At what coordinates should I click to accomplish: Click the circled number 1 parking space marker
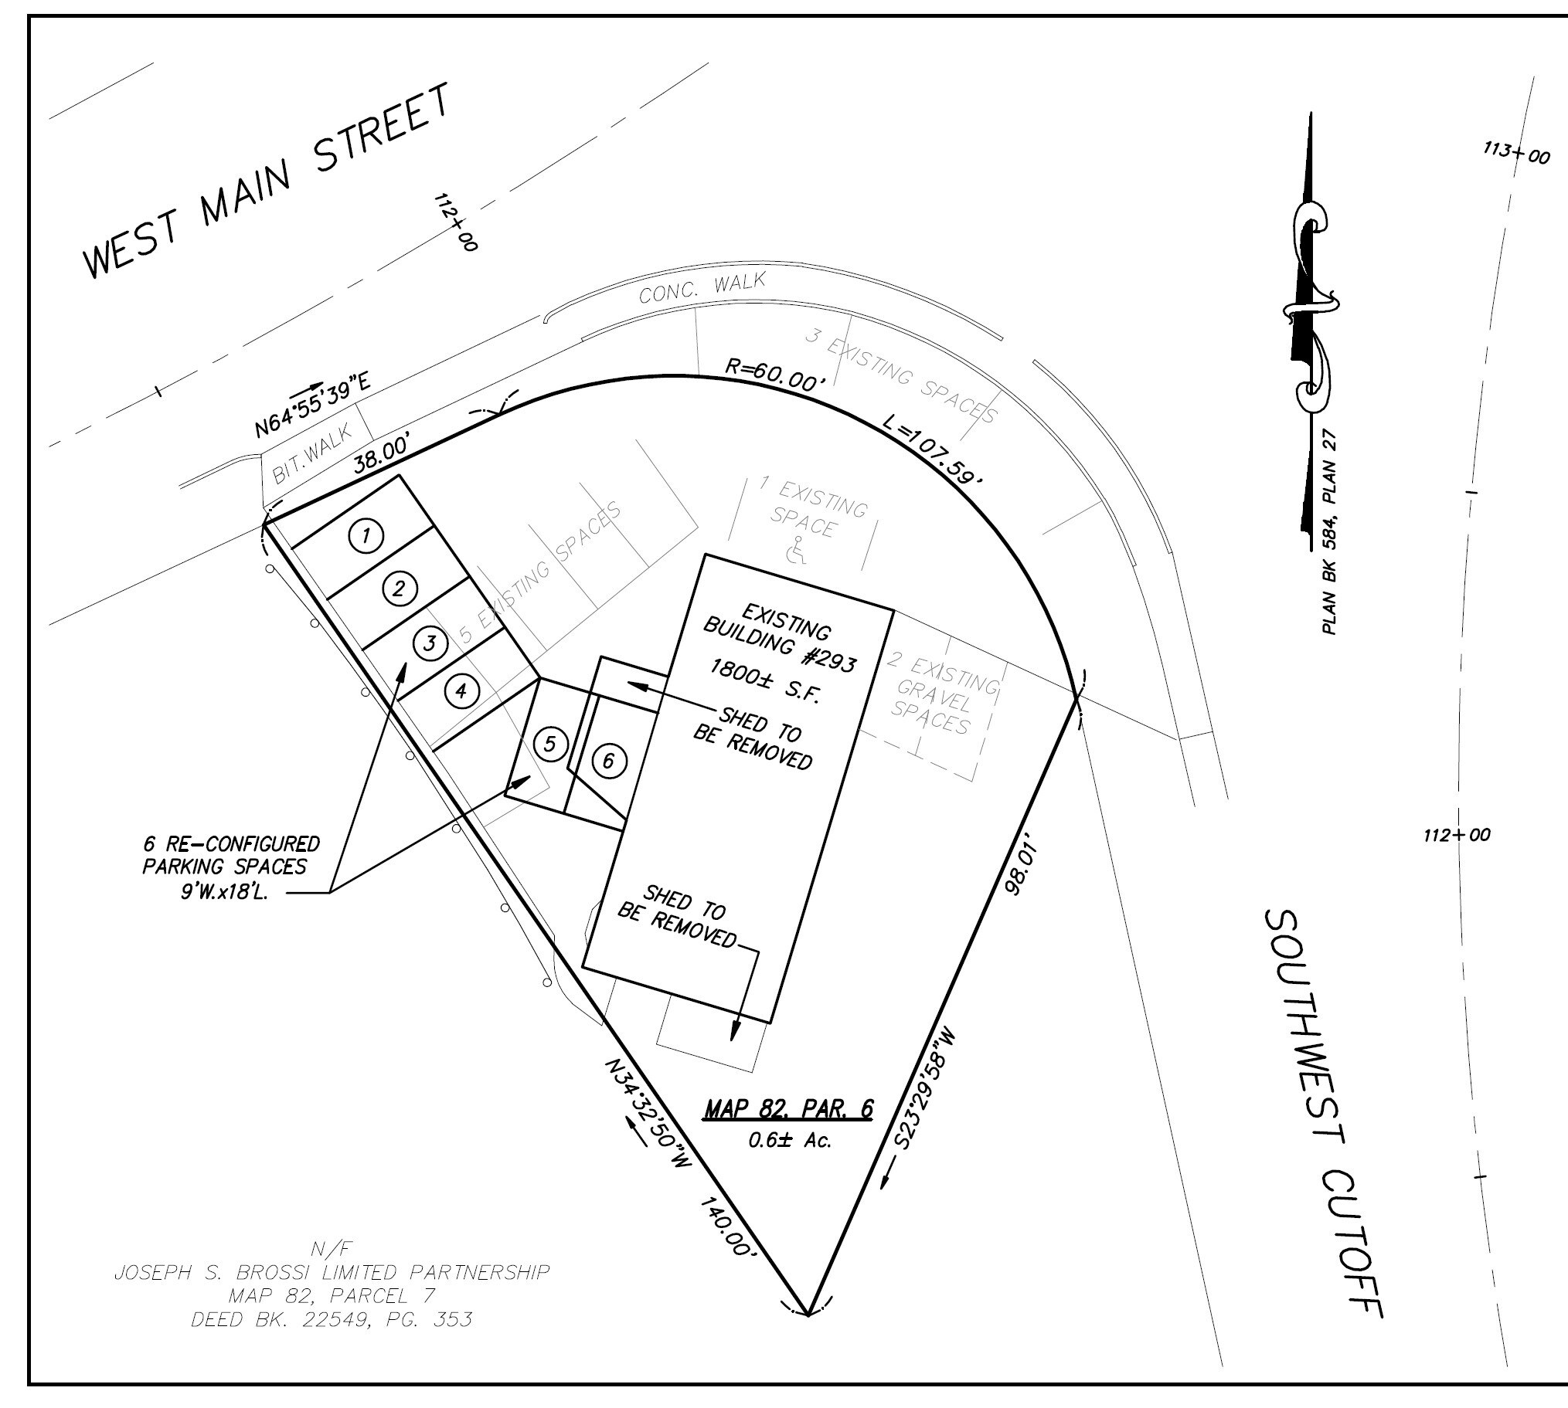pos(367,535)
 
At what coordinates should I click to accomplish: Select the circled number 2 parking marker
pos(400,589)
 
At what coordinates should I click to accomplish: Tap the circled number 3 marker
pos(430,643)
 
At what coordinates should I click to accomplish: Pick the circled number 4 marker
pos(461,690)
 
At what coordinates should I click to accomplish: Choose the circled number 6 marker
pos(608,762)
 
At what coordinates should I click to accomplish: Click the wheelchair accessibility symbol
pos(797,551)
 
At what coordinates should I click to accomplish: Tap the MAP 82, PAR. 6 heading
pos(788,1110)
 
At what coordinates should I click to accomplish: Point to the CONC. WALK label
pos(702,288)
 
